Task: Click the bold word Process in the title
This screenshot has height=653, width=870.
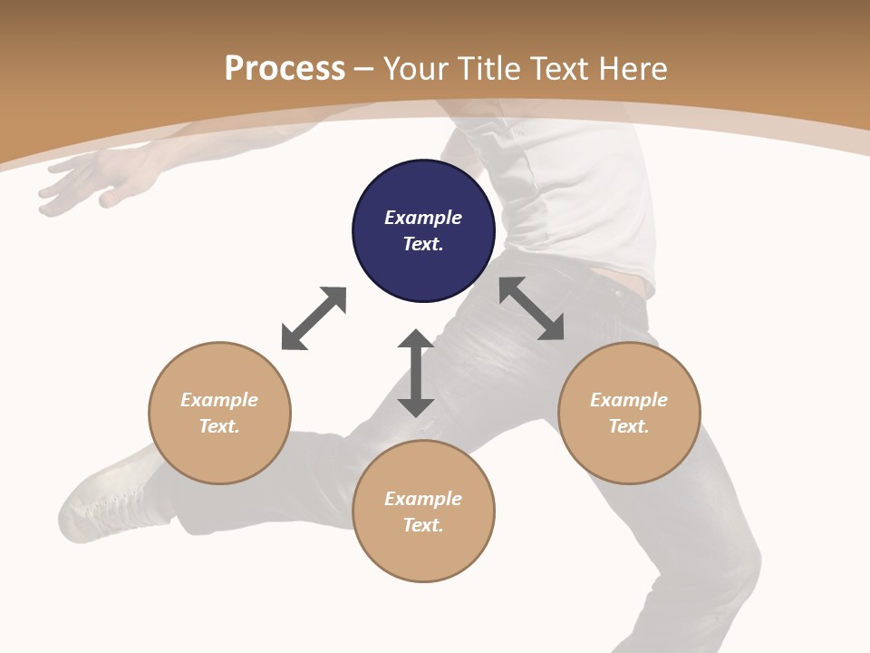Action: tap(285, 69)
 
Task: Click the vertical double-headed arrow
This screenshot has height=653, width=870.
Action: tap(416, 374)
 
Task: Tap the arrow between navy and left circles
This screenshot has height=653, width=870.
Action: tap(314, 318)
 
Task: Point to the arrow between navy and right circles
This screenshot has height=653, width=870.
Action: tap(532, 308)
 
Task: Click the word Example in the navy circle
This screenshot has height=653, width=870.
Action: tap(423, 218)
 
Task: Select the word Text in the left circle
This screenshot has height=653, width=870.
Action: tap(218, 426)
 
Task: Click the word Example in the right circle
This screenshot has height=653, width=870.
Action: tap(629, 400)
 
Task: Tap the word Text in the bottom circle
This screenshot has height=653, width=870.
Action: tap(422, 525)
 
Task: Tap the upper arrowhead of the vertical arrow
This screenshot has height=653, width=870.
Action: tap(416, 340)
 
